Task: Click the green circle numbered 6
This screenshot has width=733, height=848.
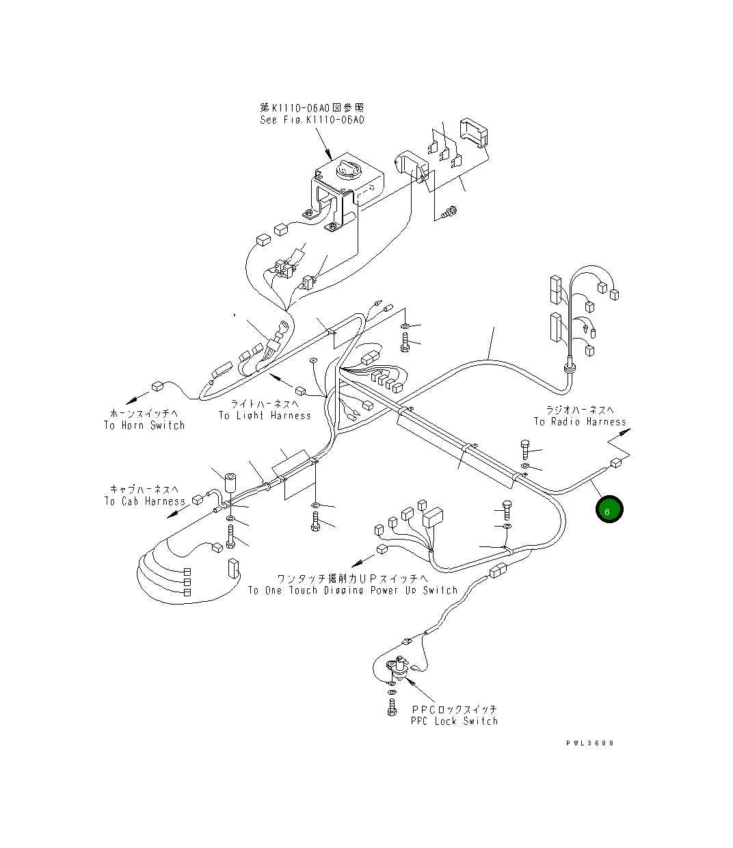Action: pos(609,509)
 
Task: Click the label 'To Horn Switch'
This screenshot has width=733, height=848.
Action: pos(144,425)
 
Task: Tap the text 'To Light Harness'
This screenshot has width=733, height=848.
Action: pos(265,415)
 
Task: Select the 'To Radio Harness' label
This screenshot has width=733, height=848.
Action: pos(580,421)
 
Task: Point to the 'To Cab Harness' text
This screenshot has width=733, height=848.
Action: pos(144,501)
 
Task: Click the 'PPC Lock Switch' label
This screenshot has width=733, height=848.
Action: pos(454,721)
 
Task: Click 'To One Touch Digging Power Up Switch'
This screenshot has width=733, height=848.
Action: pos(352,590)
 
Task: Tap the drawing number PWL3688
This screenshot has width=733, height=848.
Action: pos(589,743)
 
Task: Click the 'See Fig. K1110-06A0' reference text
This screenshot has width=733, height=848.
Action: pos(312,120)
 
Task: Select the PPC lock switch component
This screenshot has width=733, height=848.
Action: pos(398,667)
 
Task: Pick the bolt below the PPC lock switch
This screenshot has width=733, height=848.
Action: pos(392,707)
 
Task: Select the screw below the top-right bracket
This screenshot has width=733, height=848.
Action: pos(449,213)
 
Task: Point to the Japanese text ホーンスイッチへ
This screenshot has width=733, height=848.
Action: pos(144,413)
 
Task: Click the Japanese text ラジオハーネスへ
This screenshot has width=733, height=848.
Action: pos(580,410)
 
